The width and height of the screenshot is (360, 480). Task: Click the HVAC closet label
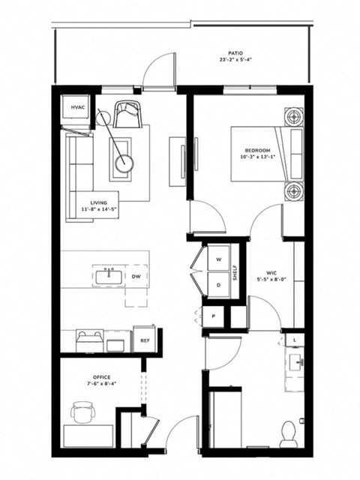click(78, 108)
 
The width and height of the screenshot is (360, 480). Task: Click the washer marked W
click(219, 259)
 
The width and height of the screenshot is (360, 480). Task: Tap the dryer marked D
click(219, 285)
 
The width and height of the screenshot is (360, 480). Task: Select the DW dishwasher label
click(136, 276)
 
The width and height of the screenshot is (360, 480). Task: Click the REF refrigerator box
click(145, 340)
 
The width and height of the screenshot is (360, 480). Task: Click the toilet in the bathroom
click(289, 433)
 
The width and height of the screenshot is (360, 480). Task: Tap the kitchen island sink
click(109, 275)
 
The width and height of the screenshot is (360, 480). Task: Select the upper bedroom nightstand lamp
click(292, 116)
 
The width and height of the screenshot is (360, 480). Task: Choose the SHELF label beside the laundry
click(235, 271)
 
